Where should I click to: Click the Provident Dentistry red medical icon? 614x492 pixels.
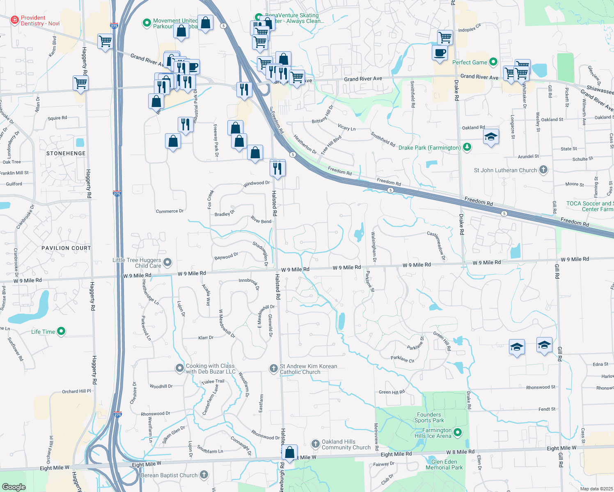[15, 20]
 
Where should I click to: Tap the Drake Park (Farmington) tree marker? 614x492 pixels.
[467, 147]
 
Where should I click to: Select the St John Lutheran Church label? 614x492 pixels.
[505, 170]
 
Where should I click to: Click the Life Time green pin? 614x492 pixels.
[61, 331]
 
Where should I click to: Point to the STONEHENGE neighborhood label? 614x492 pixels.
[66, 153]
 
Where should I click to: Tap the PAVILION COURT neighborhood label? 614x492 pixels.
[66, 248]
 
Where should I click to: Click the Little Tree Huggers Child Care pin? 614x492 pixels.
[167, 262]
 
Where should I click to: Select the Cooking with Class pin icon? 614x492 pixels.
[179, 368]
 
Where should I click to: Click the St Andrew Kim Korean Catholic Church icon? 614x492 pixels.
[273, 368]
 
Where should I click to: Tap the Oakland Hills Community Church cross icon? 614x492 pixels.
[315, 444]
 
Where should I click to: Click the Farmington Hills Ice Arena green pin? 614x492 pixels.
[458, 432]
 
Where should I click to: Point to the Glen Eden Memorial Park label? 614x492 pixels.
[444, 465]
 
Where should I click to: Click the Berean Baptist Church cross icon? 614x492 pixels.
[204, 475]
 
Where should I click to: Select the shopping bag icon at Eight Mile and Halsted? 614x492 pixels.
[290, 453]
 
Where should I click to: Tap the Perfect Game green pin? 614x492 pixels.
[493, 62]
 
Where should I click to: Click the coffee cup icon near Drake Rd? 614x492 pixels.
[440, 53]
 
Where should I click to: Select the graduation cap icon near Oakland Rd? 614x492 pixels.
[491, 137]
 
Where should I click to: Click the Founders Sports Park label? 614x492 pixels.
[429, 417]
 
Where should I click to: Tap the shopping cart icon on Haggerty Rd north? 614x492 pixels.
[81, 83]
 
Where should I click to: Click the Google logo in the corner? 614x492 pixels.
[14, 487]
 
